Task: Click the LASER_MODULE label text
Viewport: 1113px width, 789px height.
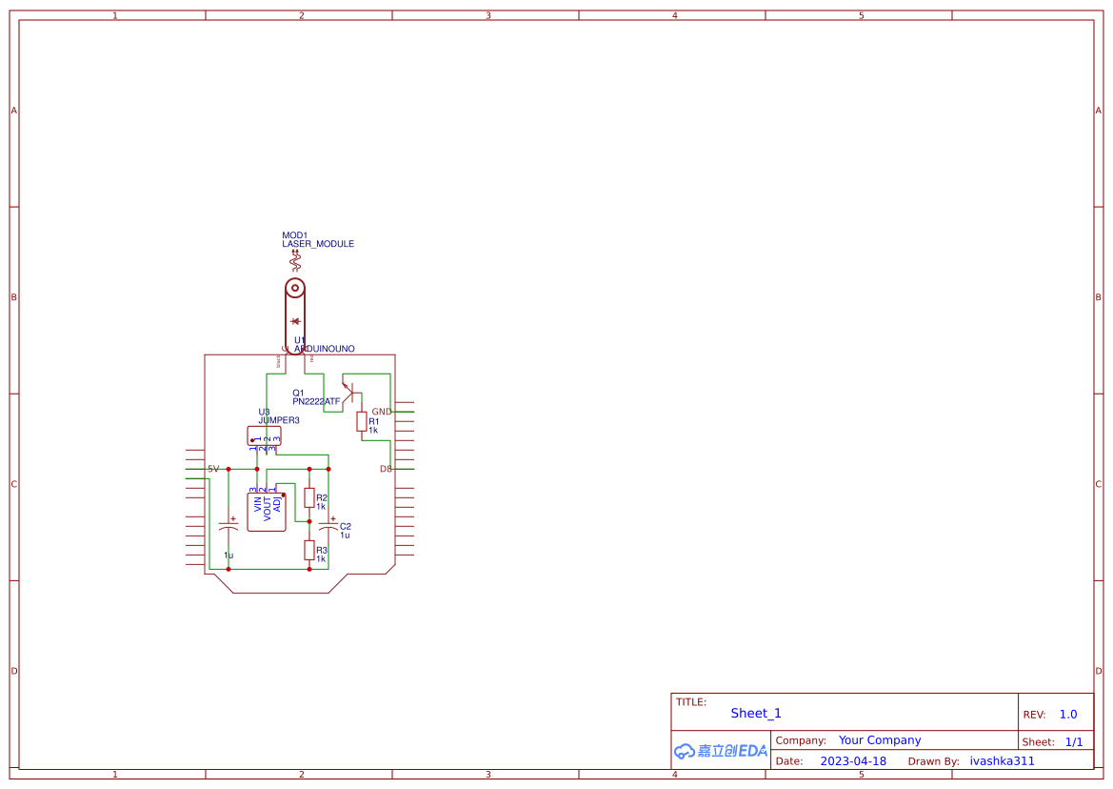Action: pos(318,244)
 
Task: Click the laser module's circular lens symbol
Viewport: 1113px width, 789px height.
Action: pos(295,288)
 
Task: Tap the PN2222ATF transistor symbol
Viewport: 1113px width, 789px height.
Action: pos(348,392)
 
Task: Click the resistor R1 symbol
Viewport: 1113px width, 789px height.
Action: pos(362,421)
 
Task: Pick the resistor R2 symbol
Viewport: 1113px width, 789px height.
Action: pos(309,497)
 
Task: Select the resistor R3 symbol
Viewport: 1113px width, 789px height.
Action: pos(309,550)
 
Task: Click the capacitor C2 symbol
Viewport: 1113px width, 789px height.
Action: pos(328,527)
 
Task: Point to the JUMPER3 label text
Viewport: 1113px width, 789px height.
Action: pos(279,420)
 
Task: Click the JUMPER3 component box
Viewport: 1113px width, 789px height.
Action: pos(264,435)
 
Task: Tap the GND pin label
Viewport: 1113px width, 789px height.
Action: pos(381,412)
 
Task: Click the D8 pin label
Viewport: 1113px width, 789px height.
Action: pos(386,469)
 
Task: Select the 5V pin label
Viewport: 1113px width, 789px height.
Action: pos(213,469)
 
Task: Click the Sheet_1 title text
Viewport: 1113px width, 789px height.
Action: pos(756,713)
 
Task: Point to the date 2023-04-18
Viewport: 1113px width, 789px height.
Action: pos(853,761)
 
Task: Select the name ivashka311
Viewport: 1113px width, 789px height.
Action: pos(1002,761)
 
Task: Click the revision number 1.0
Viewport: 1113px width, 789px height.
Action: pos(1068,714)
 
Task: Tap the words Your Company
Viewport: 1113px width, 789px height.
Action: pos(880,740)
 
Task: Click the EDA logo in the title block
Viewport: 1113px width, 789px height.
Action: pos(721,751)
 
